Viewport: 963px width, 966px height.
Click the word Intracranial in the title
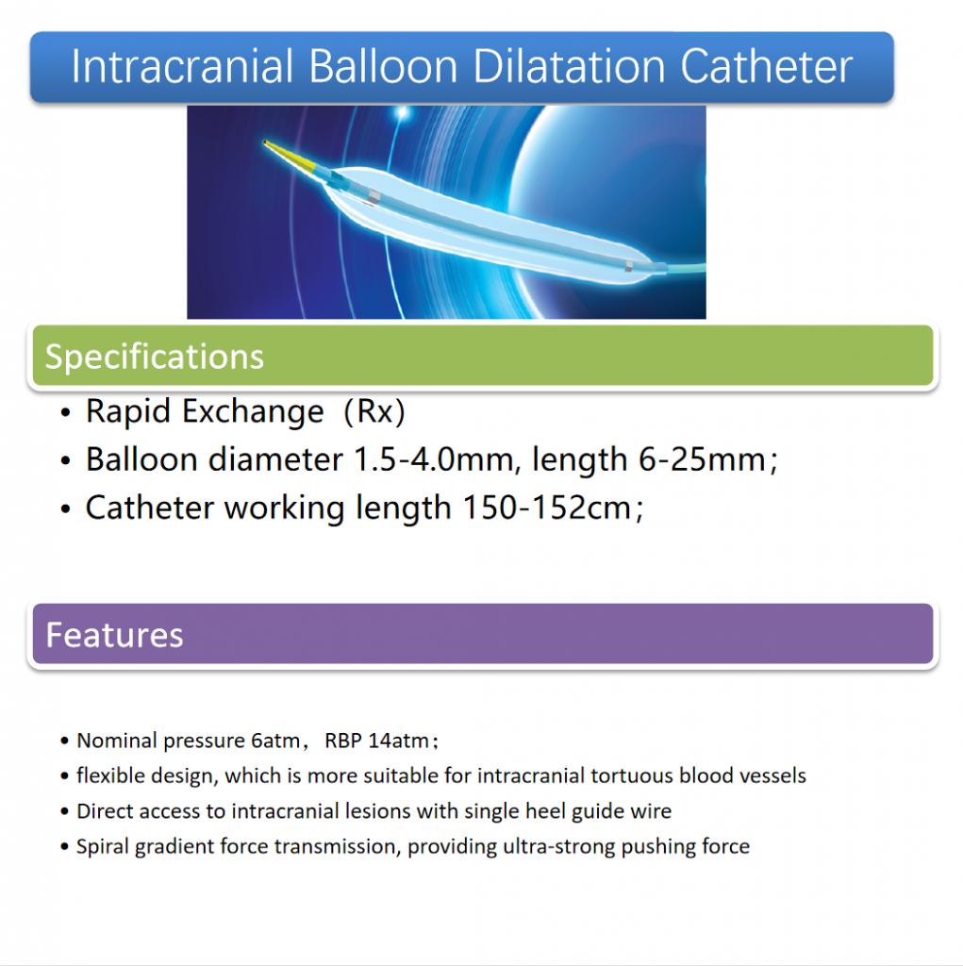pyautogui.click(x=182, y=66)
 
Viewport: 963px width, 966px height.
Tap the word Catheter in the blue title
pyautogui.click(x=767, y=66)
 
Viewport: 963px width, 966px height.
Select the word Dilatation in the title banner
pyautogui.click(x=570, y=66)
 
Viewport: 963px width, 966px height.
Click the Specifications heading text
pyautogui.click(x=154, y=357)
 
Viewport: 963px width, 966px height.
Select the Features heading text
pyautogui.click(x=115, y=635)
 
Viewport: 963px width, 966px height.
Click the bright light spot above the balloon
pyautogui.click(x=403, y=112)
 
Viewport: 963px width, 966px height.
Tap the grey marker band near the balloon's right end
pyautogui.click(x=628, y=265)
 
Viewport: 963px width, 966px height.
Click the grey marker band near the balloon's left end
pyautogui.click(x=374, y=196)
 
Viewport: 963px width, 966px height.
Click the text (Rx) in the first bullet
pyautogui.click(x=374, y=411)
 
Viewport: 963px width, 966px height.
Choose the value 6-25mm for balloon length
pyautogui.click(x=702, y=459)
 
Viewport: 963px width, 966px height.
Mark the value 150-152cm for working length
pyautogui.click(x=546, y=508)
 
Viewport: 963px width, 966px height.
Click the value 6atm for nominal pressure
pyautogui.click(x=275, y=740)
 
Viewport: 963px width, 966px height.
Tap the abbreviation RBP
pyautogui.click(x=343, y=740)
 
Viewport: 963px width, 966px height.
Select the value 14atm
pyautogui.click(x=398, y=740)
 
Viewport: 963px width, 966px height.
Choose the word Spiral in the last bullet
pyautogui.click(x=103, y=847)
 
